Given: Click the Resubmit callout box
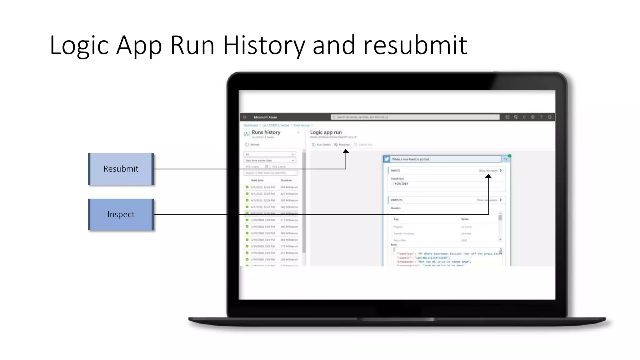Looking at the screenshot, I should (121, 169).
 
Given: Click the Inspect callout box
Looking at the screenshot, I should (121, 215).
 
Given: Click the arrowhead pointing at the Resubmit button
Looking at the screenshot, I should (346, 152).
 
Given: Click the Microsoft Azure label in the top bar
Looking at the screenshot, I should (265, 117).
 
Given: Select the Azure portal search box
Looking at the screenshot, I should (415, 117).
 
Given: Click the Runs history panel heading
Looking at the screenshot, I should (266, 132).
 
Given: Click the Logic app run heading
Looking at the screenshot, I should (326, 132).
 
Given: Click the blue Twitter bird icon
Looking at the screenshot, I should (387, 159).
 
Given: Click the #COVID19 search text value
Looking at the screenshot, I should (401, 184).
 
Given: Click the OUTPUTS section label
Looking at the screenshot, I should (397, 200).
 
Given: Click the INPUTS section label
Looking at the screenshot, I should (395, 171).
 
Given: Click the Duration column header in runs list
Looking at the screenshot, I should (286, 180).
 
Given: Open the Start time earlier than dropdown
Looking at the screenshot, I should (270, 161).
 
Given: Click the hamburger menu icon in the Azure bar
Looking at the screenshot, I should (245, 117).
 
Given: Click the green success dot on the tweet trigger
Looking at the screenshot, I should (510, 156).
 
